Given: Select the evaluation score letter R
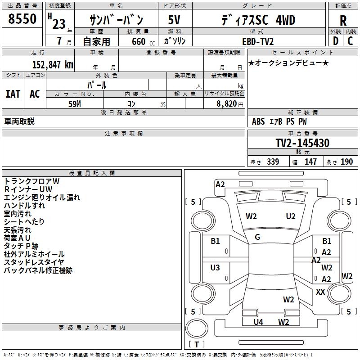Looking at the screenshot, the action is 343,21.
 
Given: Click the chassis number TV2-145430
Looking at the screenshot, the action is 302,144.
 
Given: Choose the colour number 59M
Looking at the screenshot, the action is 75,103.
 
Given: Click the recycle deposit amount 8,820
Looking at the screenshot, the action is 227,103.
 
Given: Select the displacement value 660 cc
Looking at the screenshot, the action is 139,41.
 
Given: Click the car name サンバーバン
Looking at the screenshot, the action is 116,20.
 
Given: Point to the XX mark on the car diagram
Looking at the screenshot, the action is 320,292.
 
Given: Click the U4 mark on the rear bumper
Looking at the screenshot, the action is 258,322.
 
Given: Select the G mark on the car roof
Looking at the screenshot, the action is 257,237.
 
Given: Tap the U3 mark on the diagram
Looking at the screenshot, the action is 215,268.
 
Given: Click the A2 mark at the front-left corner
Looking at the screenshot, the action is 220,184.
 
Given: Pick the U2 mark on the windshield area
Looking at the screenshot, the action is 291,216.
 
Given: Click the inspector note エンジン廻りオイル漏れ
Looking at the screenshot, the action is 42,197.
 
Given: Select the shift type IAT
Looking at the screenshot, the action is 13,94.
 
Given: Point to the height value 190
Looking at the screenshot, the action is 346,162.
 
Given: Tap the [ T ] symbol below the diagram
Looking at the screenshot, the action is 197,345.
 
